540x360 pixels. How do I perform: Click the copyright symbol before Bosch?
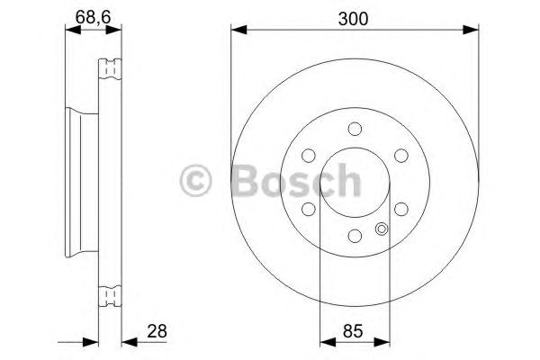(197, 180)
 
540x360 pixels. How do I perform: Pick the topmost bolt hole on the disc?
(355, 127)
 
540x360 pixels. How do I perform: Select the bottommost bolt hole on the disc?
(355, 235)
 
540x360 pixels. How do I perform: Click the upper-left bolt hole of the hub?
(309, 154)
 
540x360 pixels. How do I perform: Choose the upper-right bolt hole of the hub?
(400, 154)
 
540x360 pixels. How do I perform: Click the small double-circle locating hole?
(382, 228)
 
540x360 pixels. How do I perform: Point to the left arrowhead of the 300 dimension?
(237, 31)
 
